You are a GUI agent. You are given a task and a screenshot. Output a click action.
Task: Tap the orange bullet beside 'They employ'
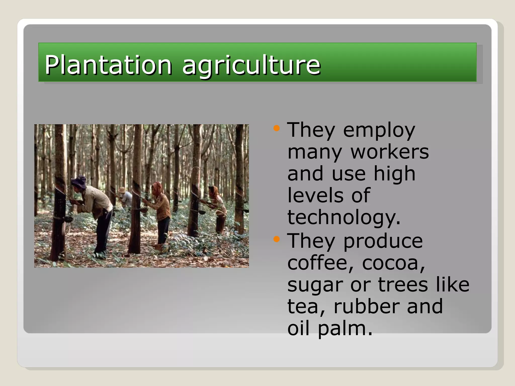276,128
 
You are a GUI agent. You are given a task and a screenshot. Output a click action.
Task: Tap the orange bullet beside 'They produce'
276,239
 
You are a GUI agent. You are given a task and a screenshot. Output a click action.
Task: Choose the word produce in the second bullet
383,241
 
